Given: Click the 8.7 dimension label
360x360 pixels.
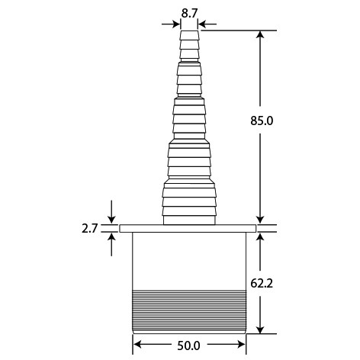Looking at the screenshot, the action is click(189, 13).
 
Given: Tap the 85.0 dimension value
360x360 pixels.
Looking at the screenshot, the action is click(262, 121).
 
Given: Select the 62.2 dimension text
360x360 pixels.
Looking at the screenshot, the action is click(262, 283).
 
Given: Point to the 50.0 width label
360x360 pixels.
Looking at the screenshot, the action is click(188, 346).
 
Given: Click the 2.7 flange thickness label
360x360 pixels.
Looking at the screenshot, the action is click(89, 229).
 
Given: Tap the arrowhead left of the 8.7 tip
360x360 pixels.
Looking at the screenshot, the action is click(176, 24).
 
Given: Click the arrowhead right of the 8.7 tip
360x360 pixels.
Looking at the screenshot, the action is click(202, 24).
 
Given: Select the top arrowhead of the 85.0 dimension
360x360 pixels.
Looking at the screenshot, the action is click(260, 34).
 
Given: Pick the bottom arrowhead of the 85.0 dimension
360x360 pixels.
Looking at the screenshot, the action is click(260, 220).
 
